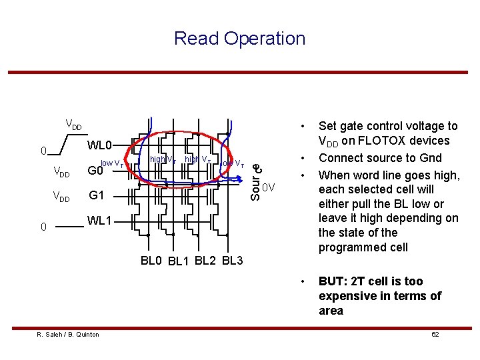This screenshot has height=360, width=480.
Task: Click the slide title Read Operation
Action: click(239, 39)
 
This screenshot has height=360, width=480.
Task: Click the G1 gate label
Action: click(97, 196)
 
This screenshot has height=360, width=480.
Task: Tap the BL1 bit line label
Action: click(179, 261)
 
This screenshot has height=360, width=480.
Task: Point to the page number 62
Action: click(435, 334)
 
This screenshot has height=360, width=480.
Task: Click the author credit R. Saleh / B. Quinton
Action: click(68, 334)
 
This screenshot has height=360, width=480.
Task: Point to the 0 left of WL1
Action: click(43, 227)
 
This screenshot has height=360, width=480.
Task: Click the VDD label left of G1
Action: click(61, 198)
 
